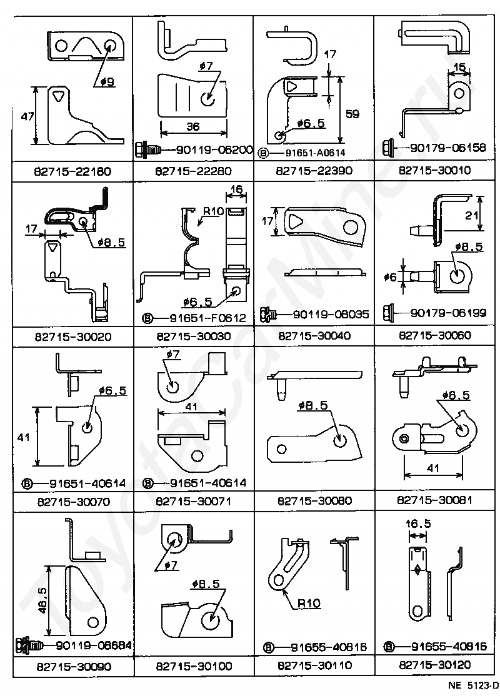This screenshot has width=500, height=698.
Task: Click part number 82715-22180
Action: point(72,171)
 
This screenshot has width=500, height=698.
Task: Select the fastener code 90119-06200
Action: point(214,149)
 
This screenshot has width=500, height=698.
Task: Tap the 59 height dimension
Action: point(352,114)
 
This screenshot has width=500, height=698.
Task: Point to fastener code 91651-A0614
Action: point(315,153)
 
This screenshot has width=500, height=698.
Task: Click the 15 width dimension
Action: point(459,67)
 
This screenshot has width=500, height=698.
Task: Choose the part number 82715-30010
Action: point(434,170)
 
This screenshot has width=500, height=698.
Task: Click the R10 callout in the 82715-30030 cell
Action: point(214,211)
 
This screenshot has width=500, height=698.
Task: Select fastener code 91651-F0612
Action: point(207,318)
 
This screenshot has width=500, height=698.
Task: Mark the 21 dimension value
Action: point(471,215)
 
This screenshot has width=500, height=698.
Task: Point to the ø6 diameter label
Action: point(389,277)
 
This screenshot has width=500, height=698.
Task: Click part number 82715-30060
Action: point(434,335)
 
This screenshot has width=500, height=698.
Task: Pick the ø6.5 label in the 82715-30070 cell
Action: point(112,390)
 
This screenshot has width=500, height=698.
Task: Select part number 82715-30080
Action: point(314,501)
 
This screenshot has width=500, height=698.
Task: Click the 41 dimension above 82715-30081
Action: point(433,468)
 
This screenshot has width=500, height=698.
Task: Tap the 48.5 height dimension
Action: point(42,600)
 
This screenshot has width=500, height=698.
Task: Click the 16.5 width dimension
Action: point(418,523)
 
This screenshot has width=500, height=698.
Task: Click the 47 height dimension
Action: point(27,116)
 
